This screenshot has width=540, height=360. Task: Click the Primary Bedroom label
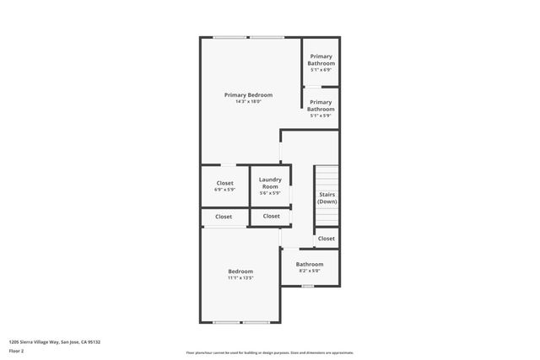pos(248,94)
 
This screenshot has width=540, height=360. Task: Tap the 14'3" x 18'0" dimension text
pos(248,102)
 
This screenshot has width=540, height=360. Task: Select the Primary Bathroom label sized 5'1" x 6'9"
pos(321,60)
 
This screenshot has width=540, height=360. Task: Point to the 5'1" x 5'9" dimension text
pos(321,115)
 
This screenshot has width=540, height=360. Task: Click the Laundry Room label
pos(270,182)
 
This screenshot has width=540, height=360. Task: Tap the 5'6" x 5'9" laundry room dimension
pos(270,193)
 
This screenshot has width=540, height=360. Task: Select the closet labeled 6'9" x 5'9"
pos(224,183)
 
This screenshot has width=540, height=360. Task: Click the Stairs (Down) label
pos(327,198)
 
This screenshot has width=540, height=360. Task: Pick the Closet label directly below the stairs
pos(326,239)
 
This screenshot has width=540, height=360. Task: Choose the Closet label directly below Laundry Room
pos(271,217)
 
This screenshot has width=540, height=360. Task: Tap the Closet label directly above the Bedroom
pos(224,217)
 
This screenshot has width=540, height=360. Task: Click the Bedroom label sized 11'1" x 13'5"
pos(240,271)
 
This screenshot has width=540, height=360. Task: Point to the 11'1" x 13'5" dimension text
pos(240,278)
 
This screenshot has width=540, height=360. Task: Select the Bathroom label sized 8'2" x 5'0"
pos(309,264)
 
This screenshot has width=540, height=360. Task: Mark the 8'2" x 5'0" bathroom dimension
pos(309,271)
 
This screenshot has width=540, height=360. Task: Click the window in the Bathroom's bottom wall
pos(308,286)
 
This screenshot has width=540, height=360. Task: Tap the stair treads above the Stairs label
pos(327,179)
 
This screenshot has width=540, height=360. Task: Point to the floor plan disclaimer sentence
pos(269,352)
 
